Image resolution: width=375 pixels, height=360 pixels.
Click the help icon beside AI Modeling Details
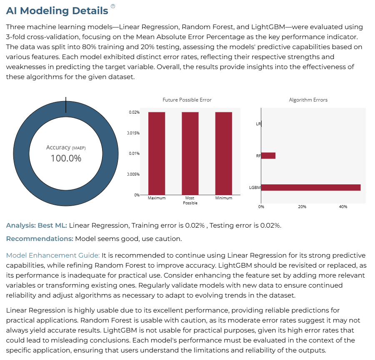click(113, 6)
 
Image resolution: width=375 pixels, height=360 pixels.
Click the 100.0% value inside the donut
click(66, 159)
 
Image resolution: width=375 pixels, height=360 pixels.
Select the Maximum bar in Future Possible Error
click(157, 154)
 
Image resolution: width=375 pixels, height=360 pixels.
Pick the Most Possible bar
click(190, 154)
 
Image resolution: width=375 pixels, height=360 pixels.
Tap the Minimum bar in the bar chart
click(224, 154)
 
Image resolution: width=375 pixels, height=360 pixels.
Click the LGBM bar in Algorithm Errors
click(311, 188)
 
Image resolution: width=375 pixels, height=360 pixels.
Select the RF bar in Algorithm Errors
click(268, 156)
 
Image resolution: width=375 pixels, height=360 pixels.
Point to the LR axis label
click(258, 124)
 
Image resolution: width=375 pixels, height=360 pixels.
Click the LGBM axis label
click(255, 188)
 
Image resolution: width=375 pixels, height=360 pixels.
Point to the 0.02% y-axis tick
click(134, 112)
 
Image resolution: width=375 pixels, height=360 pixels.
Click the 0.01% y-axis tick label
click(134, 154)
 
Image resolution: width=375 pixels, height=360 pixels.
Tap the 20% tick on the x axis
click(302, 206)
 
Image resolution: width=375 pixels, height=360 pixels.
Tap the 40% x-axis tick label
click(343, 206)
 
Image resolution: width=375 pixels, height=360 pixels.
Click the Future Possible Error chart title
click(187, 100)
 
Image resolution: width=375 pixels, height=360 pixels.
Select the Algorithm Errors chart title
click(308, 100)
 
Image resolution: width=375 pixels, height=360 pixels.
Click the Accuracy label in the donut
click(58, 147)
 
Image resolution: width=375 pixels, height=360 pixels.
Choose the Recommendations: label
click(40, 238)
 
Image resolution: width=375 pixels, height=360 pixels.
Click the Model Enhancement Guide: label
click(53, 256)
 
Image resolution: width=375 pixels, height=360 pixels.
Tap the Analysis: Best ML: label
click(37, 225)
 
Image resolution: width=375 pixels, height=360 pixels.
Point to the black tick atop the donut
click(66, 104)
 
